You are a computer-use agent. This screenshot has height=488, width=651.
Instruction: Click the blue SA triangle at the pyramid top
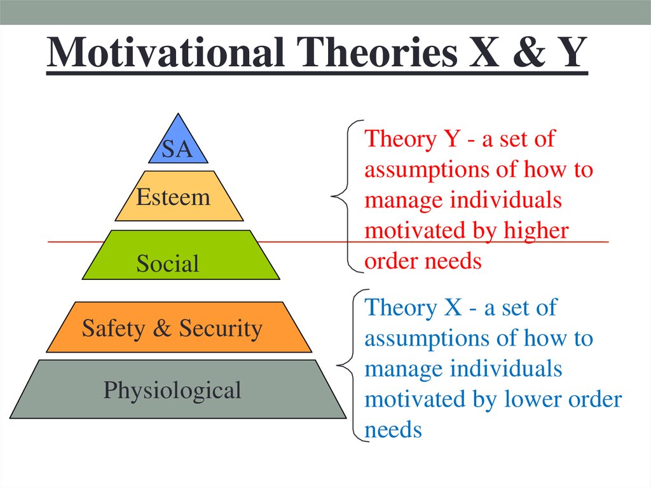click(178, 143)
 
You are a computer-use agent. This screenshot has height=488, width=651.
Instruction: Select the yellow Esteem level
click(179, 196)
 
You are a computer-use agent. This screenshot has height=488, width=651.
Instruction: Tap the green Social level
click(181, 254)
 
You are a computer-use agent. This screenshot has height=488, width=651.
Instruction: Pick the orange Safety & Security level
click(179, 327)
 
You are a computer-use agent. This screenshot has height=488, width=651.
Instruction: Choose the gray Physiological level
click(178, 389)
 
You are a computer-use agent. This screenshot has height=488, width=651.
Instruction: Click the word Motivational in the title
click(166, 52)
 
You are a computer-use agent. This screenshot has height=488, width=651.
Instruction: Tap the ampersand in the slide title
click(528, 52)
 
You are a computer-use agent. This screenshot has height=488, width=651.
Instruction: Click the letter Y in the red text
click(451, 139)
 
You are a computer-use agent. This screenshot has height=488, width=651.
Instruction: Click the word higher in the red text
click(536, 231)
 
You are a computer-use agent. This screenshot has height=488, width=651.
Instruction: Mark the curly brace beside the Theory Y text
click(347, 196)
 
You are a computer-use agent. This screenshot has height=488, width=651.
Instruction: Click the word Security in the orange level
click(221, 329)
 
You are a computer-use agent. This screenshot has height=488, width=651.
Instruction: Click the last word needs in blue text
click(393, 430)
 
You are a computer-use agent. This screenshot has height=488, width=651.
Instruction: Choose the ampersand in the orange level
click(162, 328)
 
